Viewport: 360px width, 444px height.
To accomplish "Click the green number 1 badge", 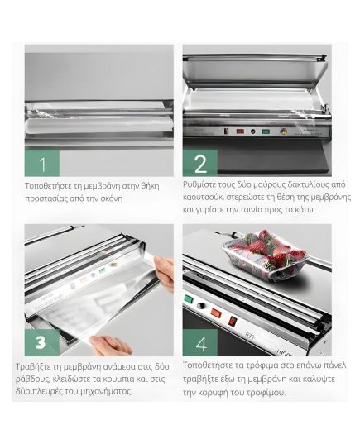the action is pyautogui.click(x=42, y=163).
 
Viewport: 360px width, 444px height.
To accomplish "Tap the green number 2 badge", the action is pyautogui.click(x=200, y=163).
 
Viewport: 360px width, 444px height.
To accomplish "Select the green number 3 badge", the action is pyautogui.click(x=42, y=342).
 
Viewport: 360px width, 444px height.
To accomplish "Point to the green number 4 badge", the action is pyautogui.click(x=200, y=342).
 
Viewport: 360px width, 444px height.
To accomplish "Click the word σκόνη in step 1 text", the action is pyautogui.click(x=112, y=198).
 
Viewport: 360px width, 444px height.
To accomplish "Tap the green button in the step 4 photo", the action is pyautogui.click(x=188, y=298).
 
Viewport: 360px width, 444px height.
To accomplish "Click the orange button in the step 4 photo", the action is pyautogui.click(x=216, y=313).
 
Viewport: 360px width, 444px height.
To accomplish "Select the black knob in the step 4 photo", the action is pyautogui.click(x=201, y=306).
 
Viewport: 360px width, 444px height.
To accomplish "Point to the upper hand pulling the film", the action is pyautogui.click(x=164, y=272).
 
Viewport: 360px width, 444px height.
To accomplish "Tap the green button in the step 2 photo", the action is pyautogui.click(x=266, y=131).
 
